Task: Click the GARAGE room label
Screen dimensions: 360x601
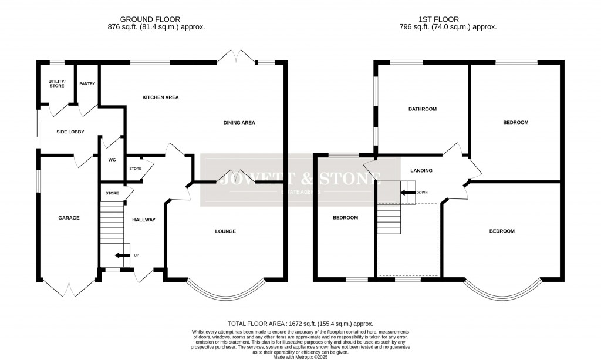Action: (69, 218)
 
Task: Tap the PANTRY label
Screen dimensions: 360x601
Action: (87, 83)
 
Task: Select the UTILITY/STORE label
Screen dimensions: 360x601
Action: (57, 83)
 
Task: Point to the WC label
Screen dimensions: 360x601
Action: (112, 159)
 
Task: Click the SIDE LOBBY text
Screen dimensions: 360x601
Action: (70, 132)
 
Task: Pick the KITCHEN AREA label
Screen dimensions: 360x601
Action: (160, 97)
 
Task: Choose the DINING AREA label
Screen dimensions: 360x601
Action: (239, 123)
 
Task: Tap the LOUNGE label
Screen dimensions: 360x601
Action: (225, 231)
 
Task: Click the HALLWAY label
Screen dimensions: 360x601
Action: (144, 220)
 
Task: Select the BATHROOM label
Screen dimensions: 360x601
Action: (423, 109)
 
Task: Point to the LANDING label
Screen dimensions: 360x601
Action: (421, 171)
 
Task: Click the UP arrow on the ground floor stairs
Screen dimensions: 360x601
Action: (121, 255)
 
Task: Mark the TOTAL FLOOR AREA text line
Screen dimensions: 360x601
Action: (300, 324)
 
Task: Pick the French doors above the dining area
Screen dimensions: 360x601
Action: (236, 56)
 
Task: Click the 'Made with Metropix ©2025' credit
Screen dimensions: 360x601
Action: (300, 356)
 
